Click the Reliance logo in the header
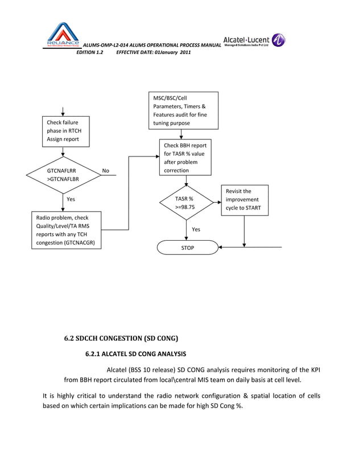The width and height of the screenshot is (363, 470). pyautogui.click(x=63, y=35)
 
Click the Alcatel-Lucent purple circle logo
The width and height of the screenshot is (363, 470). pyautogui.click(x=278, y=40)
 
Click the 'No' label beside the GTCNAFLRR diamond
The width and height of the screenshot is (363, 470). pyautogui.click(x=105, y=170)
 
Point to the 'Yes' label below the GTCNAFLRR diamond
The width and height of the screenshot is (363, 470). pyautogui.click(x=71, y=200)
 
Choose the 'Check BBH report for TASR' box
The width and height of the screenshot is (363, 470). pyautogui.click(x=185, y=158)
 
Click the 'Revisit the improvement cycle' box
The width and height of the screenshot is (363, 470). pyautogui.click(x=245, y=200)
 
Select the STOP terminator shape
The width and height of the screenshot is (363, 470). pyautogui.click(x=187, y=248)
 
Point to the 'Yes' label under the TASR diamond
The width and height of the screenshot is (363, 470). pyautogui.click(x=196, y=229)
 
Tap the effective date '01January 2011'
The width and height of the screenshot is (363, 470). pyautogui.click(x=173, y=52)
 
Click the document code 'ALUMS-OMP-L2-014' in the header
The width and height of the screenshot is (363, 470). pyautogui.click(x=106, y=45)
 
